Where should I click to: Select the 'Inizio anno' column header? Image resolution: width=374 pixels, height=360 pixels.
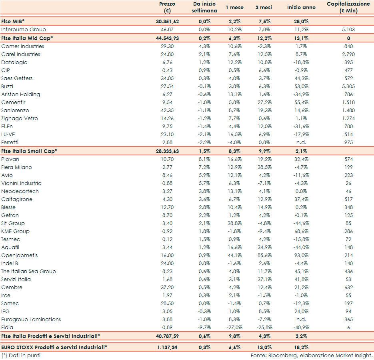301,8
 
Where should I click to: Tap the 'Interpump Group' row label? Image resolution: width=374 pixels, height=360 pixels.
24,30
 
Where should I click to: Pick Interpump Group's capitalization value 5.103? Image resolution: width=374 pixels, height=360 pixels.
348,30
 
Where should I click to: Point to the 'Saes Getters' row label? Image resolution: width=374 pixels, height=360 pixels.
17,78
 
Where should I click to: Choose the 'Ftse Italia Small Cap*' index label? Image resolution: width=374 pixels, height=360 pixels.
29,151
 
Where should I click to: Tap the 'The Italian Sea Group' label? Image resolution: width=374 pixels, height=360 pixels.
28,272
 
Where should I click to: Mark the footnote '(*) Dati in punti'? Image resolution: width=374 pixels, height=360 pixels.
21,355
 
